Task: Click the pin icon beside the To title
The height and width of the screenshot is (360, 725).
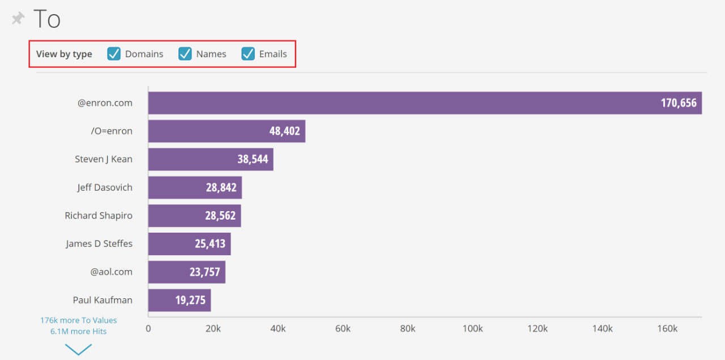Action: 18,19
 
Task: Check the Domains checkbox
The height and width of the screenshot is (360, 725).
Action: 114,54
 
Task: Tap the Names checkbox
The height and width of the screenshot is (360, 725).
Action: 185,54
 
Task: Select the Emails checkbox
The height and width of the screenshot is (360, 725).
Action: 248,54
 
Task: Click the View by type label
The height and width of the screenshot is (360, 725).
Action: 64,54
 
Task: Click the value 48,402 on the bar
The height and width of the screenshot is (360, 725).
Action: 284,131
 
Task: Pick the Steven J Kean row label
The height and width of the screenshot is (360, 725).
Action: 104,159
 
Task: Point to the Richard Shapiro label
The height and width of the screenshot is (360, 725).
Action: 99,216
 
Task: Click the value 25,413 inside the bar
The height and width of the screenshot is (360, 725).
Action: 210,244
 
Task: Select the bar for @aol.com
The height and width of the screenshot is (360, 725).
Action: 187,272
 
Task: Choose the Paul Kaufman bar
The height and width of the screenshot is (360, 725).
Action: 180,300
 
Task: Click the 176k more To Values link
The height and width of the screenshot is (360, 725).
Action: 78,320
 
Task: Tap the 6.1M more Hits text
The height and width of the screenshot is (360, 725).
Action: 78,331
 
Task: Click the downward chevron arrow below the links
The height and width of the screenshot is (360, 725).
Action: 78,349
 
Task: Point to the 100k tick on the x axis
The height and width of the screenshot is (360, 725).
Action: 472,329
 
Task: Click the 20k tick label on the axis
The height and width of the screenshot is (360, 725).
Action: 213,329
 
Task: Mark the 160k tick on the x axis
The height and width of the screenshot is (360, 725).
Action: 667,329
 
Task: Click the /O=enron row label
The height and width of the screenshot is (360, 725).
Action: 112,131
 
